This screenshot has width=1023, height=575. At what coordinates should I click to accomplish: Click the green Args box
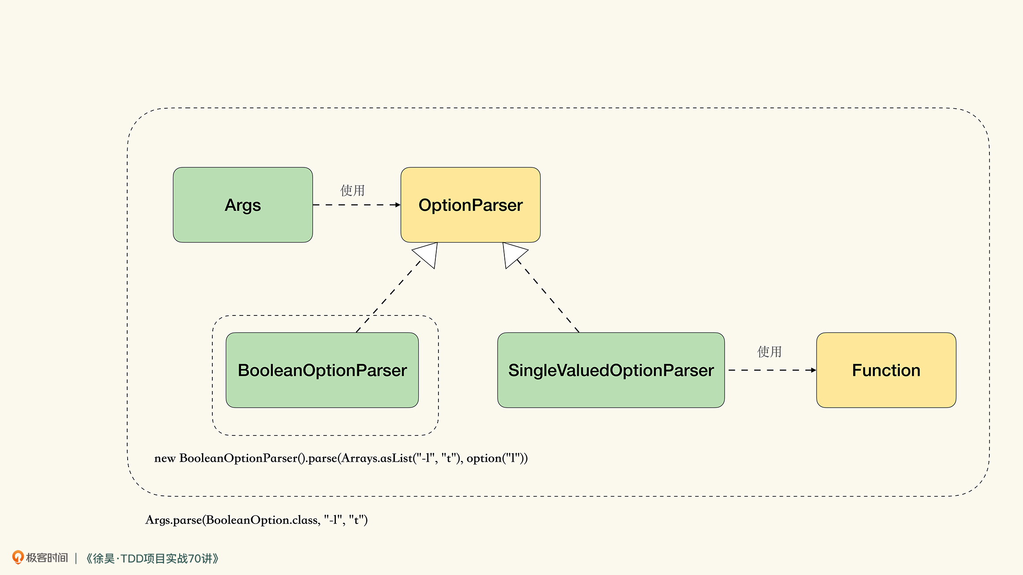point(243,205)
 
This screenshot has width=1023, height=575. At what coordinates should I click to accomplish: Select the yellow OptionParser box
point(470,205)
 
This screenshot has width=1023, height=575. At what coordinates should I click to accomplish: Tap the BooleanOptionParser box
point(322,370)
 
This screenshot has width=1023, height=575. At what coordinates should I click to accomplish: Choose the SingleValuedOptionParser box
point(611,370)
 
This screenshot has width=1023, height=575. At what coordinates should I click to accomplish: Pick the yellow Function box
point(886,370)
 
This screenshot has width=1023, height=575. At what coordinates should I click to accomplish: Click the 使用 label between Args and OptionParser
point(352,190)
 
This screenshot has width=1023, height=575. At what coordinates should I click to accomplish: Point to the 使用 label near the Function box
point(769,352)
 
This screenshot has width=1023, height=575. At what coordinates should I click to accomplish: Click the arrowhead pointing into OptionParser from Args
point(398,205)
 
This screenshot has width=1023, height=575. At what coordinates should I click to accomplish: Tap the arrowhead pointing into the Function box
point(813,370)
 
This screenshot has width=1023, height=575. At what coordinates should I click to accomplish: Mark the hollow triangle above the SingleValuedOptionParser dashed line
point(513,254)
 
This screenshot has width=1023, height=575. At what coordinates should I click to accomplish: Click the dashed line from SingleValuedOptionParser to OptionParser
point(548,296)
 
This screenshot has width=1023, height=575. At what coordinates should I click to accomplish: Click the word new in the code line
point(165,458)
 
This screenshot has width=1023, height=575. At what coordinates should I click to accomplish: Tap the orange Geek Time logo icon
point(17,557)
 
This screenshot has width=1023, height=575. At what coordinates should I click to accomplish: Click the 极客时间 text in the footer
point(47,558)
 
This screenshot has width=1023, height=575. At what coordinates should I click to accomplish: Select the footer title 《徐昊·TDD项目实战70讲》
point(152,558)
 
